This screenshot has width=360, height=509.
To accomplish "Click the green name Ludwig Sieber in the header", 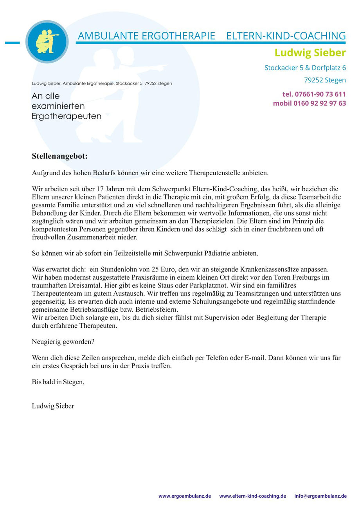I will pos(310,52).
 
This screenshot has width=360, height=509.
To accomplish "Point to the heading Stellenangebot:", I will pos(60,156).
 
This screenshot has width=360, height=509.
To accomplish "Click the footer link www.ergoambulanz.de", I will pos(185,496).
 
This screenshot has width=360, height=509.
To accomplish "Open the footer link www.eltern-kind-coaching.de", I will pos(252,496).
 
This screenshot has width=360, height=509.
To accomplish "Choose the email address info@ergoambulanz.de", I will pos(320,496).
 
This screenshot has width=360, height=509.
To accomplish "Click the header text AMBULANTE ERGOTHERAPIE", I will pos(146,36).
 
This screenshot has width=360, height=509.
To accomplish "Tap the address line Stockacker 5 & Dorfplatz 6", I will pos(305,68).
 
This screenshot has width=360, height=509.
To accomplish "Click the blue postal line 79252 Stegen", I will pos(325,80).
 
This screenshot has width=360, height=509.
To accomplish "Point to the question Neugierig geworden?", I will pos(63,341).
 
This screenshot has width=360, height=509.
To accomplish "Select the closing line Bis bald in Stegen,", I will pos(58,382).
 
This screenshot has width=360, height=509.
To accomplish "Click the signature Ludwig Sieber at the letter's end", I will pos(53,406).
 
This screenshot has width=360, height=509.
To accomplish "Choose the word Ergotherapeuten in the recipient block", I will pos(67,116).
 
